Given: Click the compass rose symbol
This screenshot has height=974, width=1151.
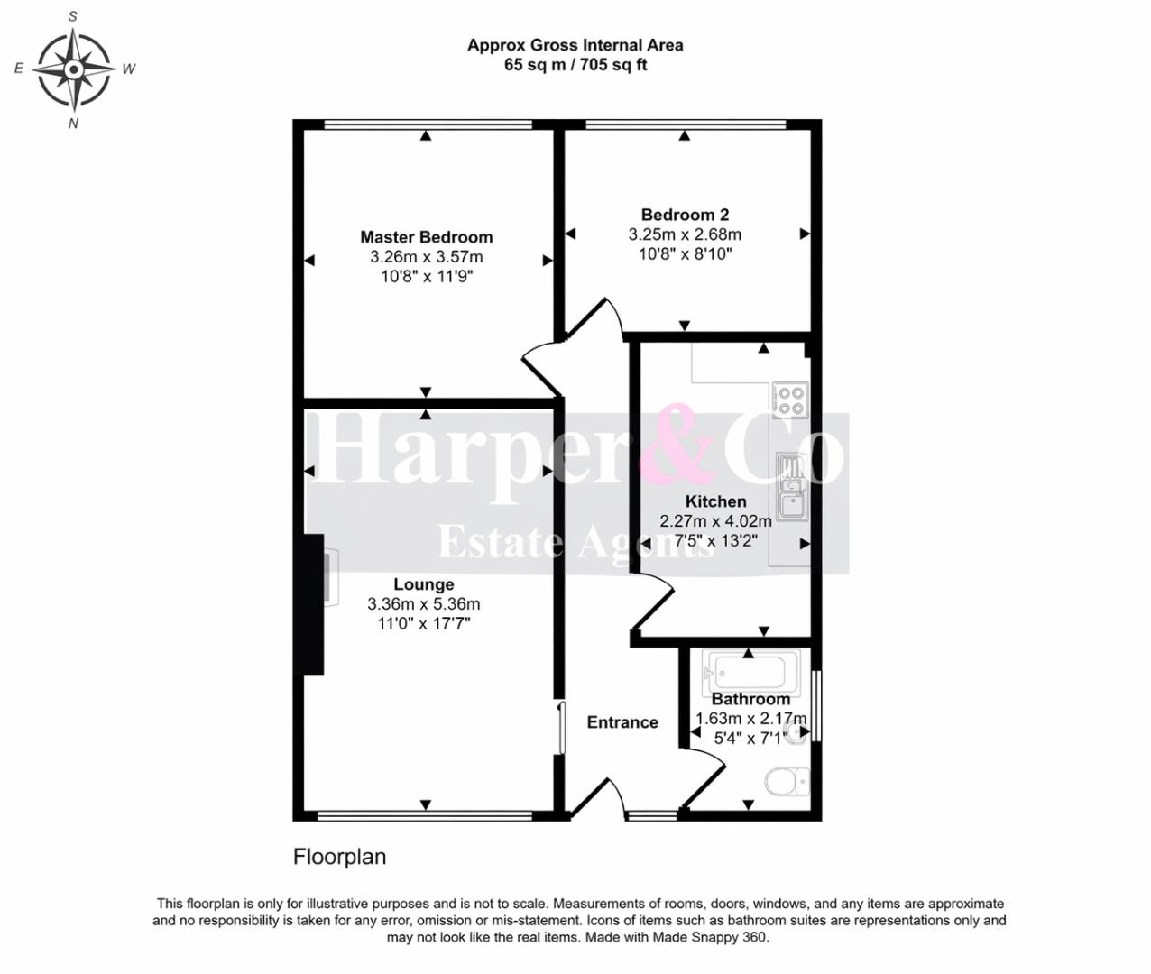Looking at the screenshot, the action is [73, 69].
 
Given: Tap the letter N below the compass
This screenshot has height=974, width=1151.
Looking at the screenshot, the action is [73, 124].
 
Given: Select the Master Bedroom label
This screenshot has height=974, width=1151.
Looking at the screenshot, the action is [427, 237].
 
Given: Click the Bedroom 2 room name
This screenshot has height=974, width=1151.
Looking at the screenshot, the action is [685, 215].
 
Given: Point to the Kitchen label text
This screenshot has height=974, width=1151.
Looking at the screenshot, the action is [715, 501].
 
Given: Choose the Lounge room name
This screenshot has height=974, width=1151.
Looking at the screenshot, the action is [424, 584].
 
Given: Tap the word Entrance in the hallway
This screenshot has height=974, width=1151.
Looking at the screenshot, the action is [622, 722].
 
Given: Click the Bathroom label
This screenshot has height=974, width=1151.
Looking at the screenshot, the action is [750, 699].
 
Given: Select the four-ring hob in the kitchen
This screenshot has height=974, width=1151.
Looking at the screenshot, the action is [790, 400].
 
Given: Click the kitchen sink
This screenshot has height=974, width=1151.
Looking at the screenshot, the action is [792, 487].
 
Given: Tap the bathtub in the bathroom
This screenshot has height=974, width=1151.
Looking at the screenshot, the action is [751, 673].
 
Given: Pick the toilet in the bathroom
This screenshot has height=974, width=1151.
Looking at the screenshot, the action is [787, 782].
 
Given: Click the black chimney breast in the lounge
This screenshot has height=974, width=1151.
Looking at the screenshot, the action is [314, 605].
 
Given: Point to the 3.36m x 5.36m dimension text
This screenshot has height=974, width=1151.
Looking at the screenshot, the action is [424, 603].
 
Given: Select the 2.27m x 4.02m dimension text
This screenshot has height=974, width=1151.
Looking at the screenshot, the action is [715, 521].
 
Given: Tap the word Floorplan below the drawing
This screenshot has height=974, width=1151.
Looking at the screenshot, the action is [340, 857].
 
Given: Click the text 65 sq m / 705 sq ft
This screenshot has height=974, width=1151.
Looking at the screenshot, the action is [575, 65].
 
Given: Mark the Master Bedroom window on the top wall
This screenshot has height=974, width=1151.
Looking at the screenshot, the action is [428, 124].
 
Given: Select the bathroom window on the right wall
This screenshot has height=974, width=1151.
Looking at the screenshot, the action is [816, 706].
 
